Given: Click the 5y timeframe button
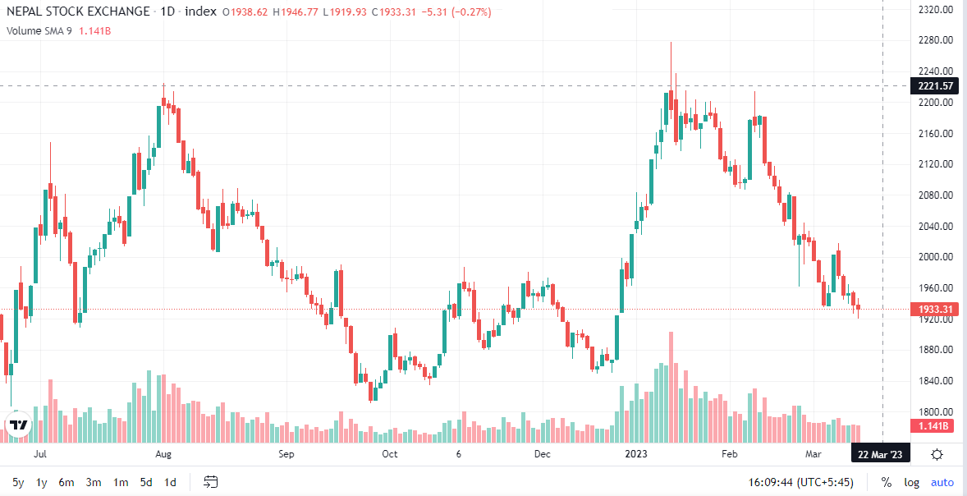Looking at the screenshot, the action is (x=19, y=482).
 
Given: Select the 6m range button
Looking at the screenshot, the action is (x=66, y=482).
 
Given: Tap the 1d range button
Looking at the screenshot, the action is (x=171, y=482).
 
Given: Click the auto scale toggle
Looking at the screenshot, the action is (x=942, y=482).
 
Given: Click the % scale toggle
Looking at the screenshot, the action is (x=887, y=482).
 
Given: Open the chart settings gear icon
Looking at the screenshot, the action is (x=937, y=455).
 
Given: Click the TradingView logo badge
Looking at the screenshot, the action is (x=18, y=425).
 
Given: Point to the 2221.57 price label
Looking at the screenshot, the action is (x=935, y=85).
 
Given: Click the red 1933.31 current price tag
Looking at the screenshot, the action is (x=935, y=309).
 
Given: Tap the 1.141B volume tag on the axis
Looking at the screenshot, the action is (x=935, y=425).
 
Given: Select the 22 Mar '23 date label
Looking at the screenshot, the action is (x=881, y=455).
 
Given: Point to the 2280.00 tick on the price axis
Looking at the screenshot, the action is (x=935, y=41).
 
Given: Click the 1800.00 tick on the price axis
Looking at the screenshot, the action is (x=935, y=411).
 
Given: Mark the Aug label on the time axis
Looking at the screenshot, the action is (x=163, y=455).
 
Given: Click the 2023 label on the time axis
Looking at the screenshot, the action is (x=636, y=455).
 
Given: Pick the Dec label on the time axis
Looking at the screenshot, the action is (x=542, y=455).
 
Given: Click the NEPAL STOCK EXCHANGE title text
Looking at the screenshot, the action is (x=78, y=11).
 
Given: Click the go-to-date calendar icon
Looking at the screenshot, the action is (x=211, y=482).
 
